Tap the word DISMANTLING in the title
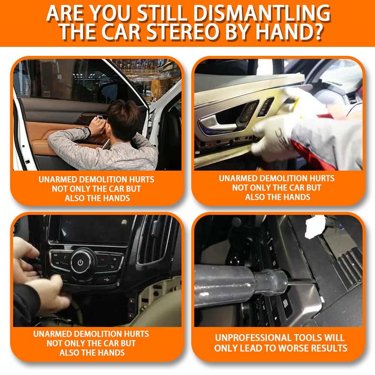tap(263, 13)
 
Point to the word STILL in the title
tap(165, 13)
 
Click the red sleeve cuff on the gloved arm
tap(300, 150)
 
